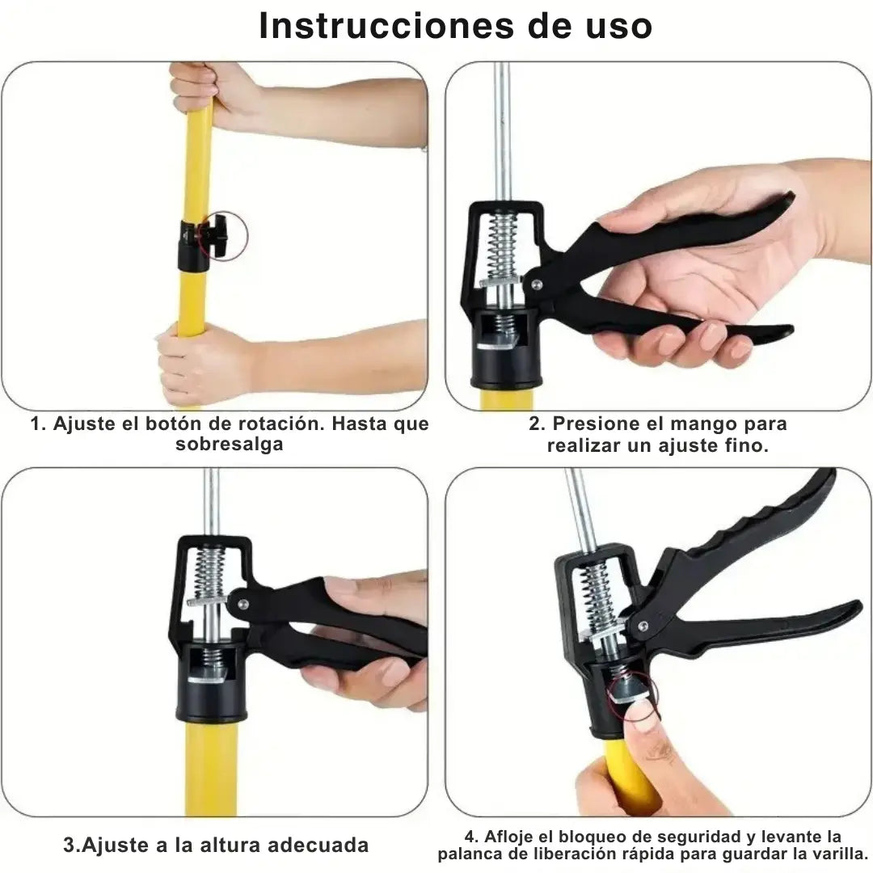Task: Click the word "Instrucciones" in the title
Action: click(386, 26)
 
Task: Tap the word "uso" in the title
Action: click(618, 27)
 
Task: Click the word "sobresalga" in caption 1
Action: click(230, 445)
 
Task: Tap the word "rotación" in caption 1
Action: click(277, 424)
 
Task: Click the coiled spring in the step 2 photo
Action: click(504, 246)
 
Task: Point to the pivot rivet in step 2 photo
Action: click(536, 285)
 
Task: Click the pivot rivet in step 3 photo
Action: click(242, 603)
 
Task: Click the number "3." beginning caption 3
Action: click(72, 846)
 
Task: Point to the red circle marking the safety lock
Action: click(632, 694)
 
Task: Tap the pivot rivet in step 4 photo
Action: click(642, 626)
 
